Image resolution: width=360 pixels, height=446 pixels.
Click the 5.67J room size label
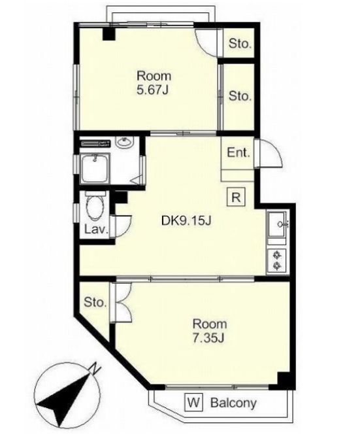pos(153,90)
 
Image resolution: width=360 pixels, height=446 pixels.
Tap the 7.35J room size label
pos(208,338)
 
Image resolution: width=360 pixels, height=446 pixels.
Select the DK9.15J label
pos(186,220)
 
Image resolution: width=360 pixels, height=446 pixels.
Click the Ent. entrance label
pos(238,153)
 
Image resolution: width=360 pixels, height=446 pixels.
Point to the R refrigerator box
pos(236,197)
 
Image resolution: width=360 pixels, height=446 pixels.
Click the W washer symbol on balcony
pos(194,402)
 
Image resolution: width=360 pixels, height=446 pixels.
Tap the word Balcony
pos(233,403)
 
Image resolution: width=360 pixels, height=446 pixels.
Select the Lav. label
pos(97,230)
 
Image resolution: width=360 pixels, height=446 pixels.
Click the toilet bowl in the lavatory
pos(95,208)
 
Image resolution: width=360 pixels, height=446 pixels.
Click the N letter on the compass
pos(95,369)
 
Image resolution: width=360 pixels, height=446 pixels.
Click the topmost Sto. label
pos(240,44)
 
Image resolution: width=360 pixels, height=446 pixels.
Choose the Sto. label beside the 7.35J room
pos(95,302)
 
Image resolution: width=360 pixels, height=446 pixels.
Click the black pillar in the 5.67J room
pos(108,33)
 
